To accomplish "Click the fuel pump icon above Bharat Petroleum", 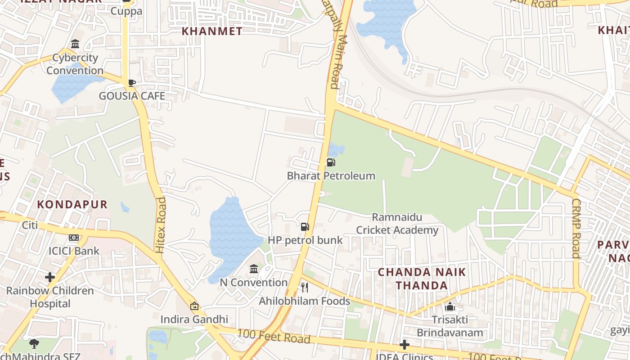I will (x=331, y=162).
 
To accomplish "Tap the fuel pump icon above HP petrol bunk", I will (x=305, y=226).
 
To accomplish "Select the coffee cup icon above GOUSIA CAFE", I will (x=131, y=83).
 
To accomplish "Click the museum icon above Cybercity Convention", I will (x=75, y=44).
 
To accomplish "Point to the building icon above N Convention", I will (x=254, y=269).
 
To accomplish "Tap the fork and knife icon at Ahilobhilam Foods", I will (x=305, y=287).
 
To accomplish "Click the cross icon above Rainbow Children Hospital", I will (x=50, y=277).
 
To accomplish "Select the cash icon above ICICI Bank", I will (x=74, y=238).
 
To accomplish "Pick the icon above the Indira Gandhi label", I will (x=194, y=306).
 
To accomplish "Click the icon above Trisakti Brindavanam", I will (x=450, y=307).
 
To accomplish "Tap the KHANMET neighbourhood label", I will (x=212, y=31).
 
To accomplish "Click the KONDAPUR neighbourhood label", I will (x=72, y=204).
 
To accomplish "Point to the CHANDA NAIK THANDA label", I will (x=422, y=279).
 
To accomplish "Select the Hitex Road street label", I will (x=160, y=225).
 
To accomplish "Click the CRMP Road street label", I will (x=576, y=229).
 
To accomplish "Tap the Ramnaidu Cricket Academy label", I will (x=397, y=224).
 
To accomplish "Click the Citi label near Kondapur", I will (x=30, y=225).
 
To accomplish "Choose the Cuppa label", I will (x=126, y=11).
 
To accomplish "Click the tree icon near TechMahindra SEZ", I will (x=34, y=344).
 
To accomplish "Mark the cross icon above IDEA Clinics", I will (x=405, y=345).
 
